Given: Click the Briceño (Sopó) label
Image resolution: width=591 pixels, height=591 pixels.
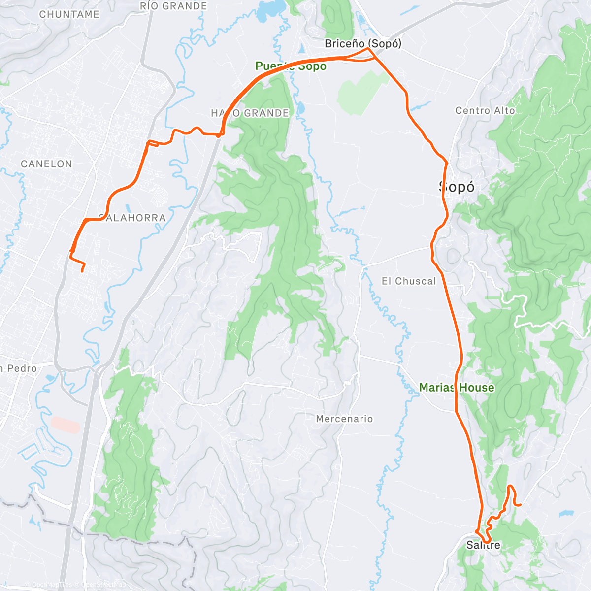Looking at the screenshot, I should (x=363, y=43).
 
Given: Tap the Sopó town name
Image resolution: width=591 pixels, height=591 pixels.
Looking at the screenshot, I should (x=457, y=187).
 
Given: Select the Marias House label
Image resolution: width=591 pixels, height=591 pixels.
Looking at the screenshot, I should (x=457, y=388).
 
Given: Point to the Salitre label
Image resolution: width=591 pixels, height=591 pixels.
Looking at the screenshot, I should (x=483, y=545).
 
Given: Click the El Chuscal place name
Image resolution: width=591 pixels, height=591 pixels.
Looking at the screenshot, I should (x=409, y=281).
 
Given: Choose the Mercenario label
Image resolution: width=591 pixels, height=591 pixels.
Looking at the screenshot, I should (x=344, y=419).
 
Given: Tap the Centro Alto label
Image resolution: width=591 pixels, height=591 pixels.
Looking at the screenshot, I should (x=485, y=111).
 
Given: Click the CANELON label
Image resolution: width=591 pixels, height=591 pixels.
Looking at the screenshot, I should (x=46, y=164).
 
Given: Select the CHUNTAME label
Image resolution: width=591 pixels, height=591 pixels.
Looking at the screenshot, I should (x=69, y=14).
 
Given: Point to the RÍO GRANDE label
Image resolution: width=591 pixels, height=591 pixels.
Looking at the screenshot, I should (x=173, y=6).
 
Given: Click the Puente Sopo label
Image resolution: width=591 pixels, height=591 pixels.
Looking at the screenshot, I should (x=291, y=66).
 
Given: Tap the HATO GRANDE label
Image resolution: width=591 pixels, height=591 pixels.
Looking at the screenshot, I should (x=250, y=113).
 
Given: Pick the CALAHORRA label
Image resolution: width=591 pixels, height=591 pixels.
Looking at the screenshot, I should (x=132, y=218).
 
